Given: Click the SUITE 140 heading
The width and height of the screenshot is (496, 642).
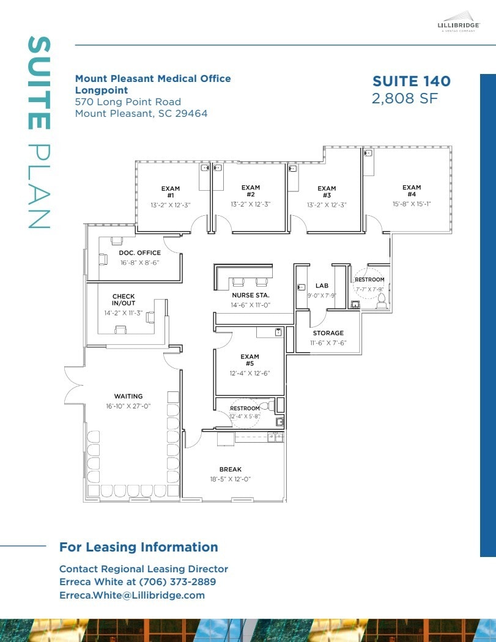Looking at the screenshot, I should pos(411,81).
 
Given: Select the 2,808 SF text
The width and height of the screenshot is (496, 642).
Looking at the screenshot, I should pos(404,98).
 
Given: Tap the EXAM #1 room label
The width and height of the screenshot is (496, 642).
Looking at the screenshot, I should pos(171,191).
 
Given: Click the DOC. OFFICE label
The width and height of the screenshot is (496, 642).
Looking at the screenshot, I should pos(139,253).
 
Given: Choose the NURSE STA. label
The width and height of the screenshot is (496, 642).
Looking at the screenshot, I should pos(251,295).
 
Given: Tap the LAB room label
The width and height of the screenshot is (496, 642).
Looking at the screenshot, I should pos(322,286).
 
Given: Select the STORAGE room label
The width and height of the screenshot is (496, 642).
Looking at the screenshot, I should pos(328,333).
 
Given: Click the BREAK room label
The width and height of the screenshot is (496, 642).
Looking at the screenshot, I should pos(231,470).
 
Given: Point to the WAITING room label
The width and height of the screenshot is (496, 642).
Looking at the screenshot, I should pos(128,396).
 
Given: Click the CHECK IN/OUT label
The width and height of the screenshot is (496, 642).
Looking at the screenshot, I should pos(124,300).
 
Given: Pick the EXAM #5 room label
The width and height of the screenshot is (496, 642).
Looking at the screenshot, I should pos(250,360).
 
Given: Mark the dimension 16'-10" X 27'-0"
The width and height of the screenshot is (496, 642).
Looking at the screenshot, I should pos(128,406).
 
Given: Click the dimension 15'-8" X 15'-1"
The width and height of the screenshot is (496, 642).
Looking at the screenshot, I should pos(412,204).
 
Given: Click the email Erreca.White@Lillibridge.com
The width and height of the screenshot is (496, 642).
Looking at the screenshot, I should pos(132,595).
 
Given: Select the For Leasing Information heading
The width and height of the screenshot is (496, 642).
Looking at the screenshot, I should pos(138,547).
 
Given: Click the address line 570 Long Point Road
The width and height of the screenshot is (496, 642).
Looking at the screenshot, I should pos(128,102).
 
